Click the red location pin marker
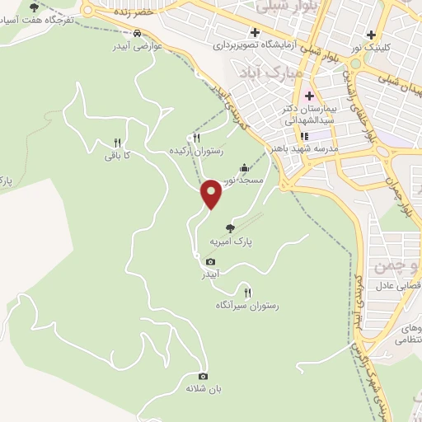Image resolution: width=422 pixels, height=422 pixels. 212,194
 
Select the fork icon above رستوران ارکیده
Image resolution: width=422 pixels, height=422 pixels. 196,138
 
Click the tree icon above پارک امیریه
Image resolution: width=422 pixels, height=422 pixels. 230,228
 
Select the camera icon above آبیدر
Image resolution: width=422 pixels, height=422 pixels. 210,262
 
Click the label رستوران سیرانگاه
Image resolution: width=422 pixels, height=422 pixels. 247,305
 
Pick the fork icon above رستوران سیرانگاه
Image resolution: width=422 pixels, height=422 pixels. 247,292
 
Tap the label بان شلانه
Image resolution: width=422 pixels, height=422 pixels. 204,388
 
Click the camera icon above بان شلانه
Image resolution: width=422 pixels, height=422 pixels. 204,376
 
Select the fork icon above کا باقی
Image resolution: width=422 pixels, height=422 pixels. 117,142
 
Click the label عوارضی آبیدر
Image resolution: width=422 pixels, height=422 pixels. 136,47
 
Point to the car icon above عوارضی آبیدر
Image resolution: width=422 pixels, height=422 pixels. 137,35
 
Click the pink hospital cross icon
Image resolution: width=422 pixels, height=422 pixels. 309,96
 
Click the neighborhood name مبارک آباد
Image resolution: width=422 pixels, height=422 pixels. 262,73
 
